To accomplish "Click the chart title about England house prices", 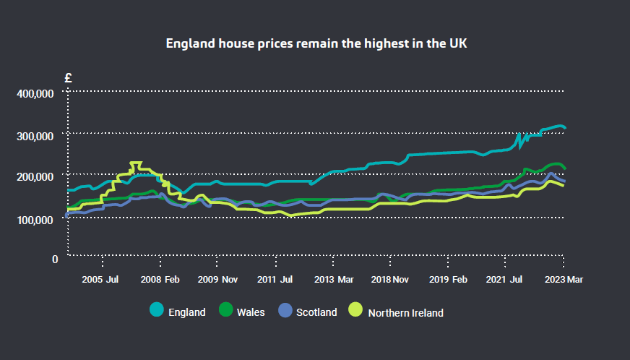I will pyautogui.click(x=316, y=43).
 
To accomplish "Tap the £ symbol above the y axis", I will pyautogui.click(x=68, y=78).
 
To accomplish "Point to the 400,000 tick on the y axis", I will pyautogui.click(x=35, y=94).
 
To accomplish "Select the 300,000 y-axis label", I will pyautogui.click(x=35, y=136).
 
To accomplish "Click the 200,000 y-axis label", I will pyautogui.click(x=35, y=177).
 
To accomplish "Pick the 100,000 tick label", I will pyautogui.click(x=35, y=219).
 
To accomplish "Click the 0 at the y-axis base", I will pyautogui.click(x=55, y=259).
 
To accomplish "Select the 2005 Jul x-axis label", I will pyautogui.click(x=100, y=279).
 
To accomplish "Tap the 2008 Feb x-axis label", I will pyautogui.click(x=160, y=279).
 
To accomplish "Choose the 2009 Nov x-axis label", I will pyautogui.click(x=217, y=279).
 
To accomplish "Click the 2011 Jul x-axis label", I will pyautogui.click(x=275, y=279).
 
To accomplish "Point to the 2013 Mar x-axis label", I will pyautogui.click(x=333, y=279).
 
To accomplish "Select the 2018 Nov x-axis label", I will pyautogui.click(x=390, y=279).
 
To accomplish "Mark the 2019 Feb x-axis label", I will pyautogui.click(x=448, y=279).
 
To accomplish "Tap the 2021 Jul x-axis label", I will pyautogui.click(x=505, y=279).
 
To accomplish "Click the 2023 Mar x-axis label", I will pyautogui.click(x=564, y=279).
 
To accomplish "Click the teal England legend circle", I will pyautogui.click(x=156, y=310).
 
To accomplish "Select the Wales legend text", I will pyautogui.click(x=251, y=312).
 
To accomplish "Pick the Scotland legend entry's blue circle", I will pyautogui.click(x=284, y=310).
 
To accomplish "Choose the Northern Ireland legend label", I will pyautogui.click(x=405, y=313).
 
